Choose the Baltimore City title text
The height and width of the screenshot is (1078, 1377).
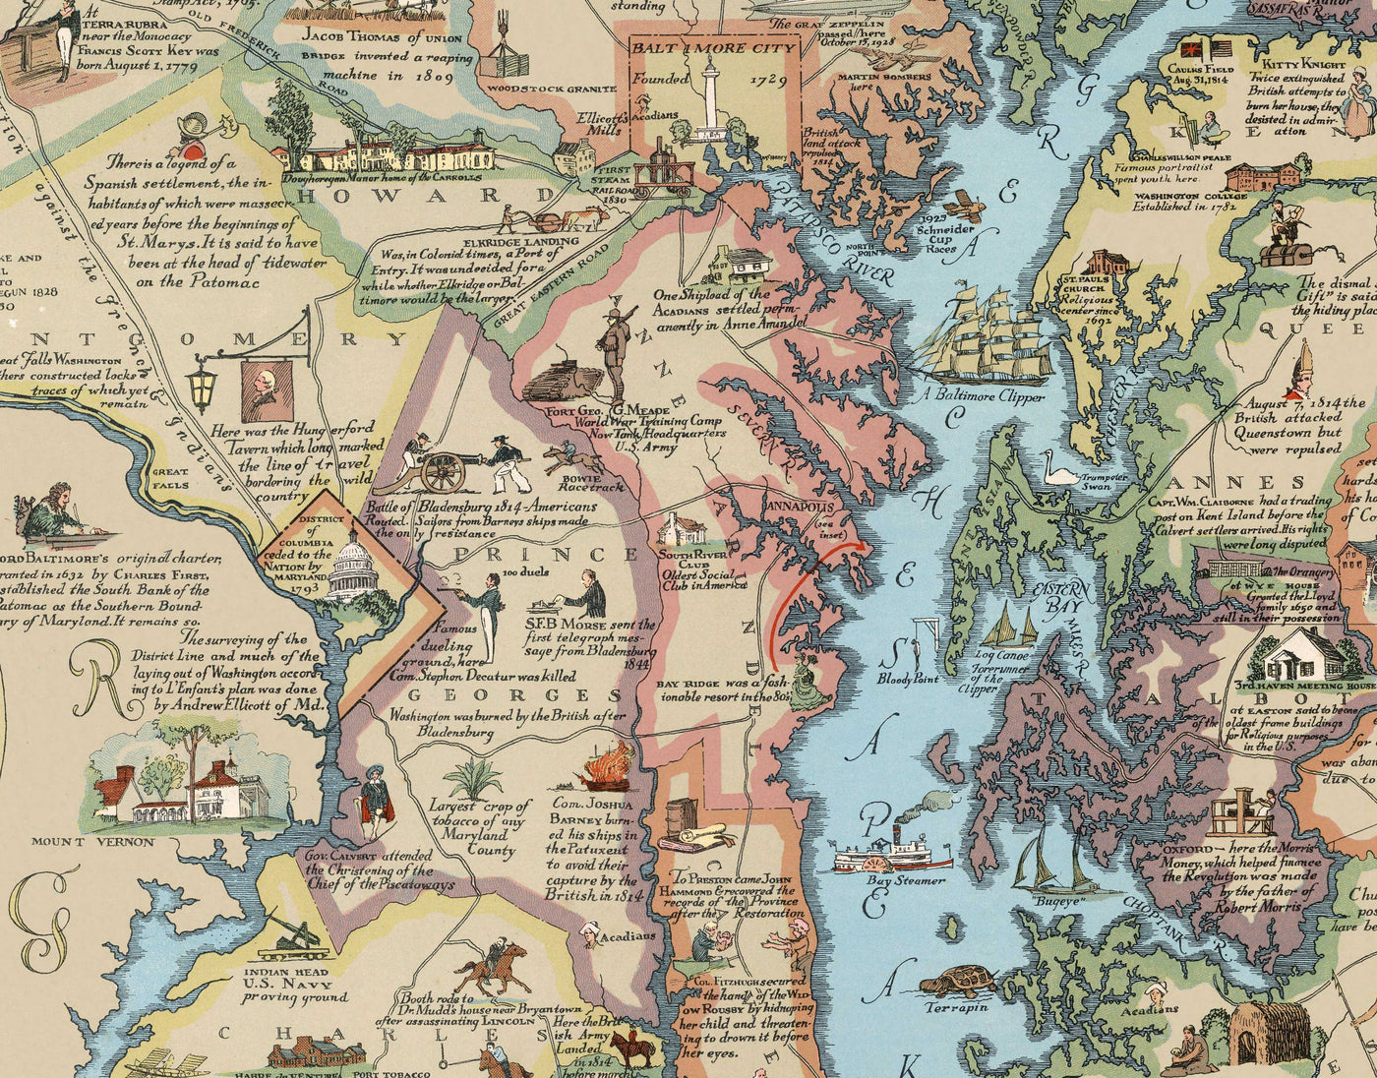click(x=712, y=47)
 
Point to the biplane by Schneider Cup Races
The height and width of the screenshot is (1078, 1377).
click(x=968, y=206)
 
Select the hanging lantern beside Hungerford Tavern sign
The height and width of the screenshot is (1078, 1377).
click(x=203, y=387)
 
